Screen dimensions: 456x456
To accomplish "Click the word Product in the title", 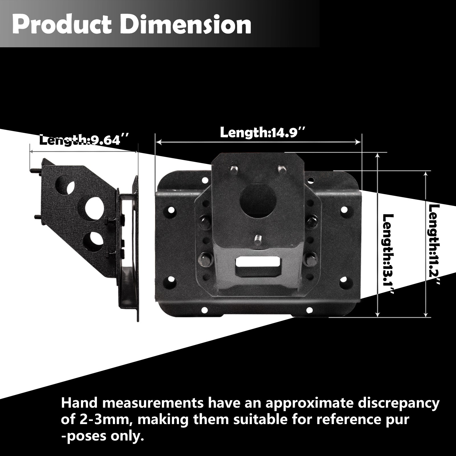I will pos(62,25).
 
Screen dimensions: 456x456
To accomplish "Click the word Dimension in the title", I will pos(185,25).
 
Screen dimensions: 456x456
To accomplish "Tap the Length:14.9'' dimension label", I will pos(262,133).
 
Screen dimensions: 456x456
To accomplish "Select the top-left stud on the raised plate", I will pos(234,170).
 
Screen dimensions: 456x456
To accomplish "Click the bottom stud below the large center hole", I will pos(258,239).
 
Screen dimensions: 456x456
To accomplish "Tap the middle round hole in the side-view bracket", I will pos(94,207).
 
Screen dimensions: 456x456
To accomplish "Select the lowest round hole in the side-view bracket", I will pos(93,241).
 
